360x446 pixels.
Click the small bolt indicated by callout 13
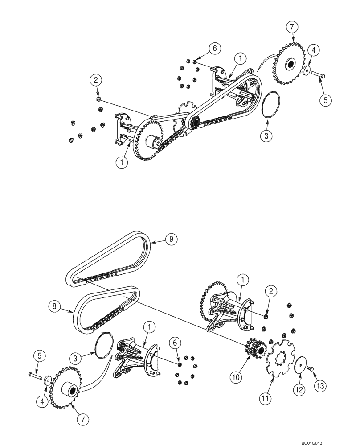(x=311, y=367)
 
